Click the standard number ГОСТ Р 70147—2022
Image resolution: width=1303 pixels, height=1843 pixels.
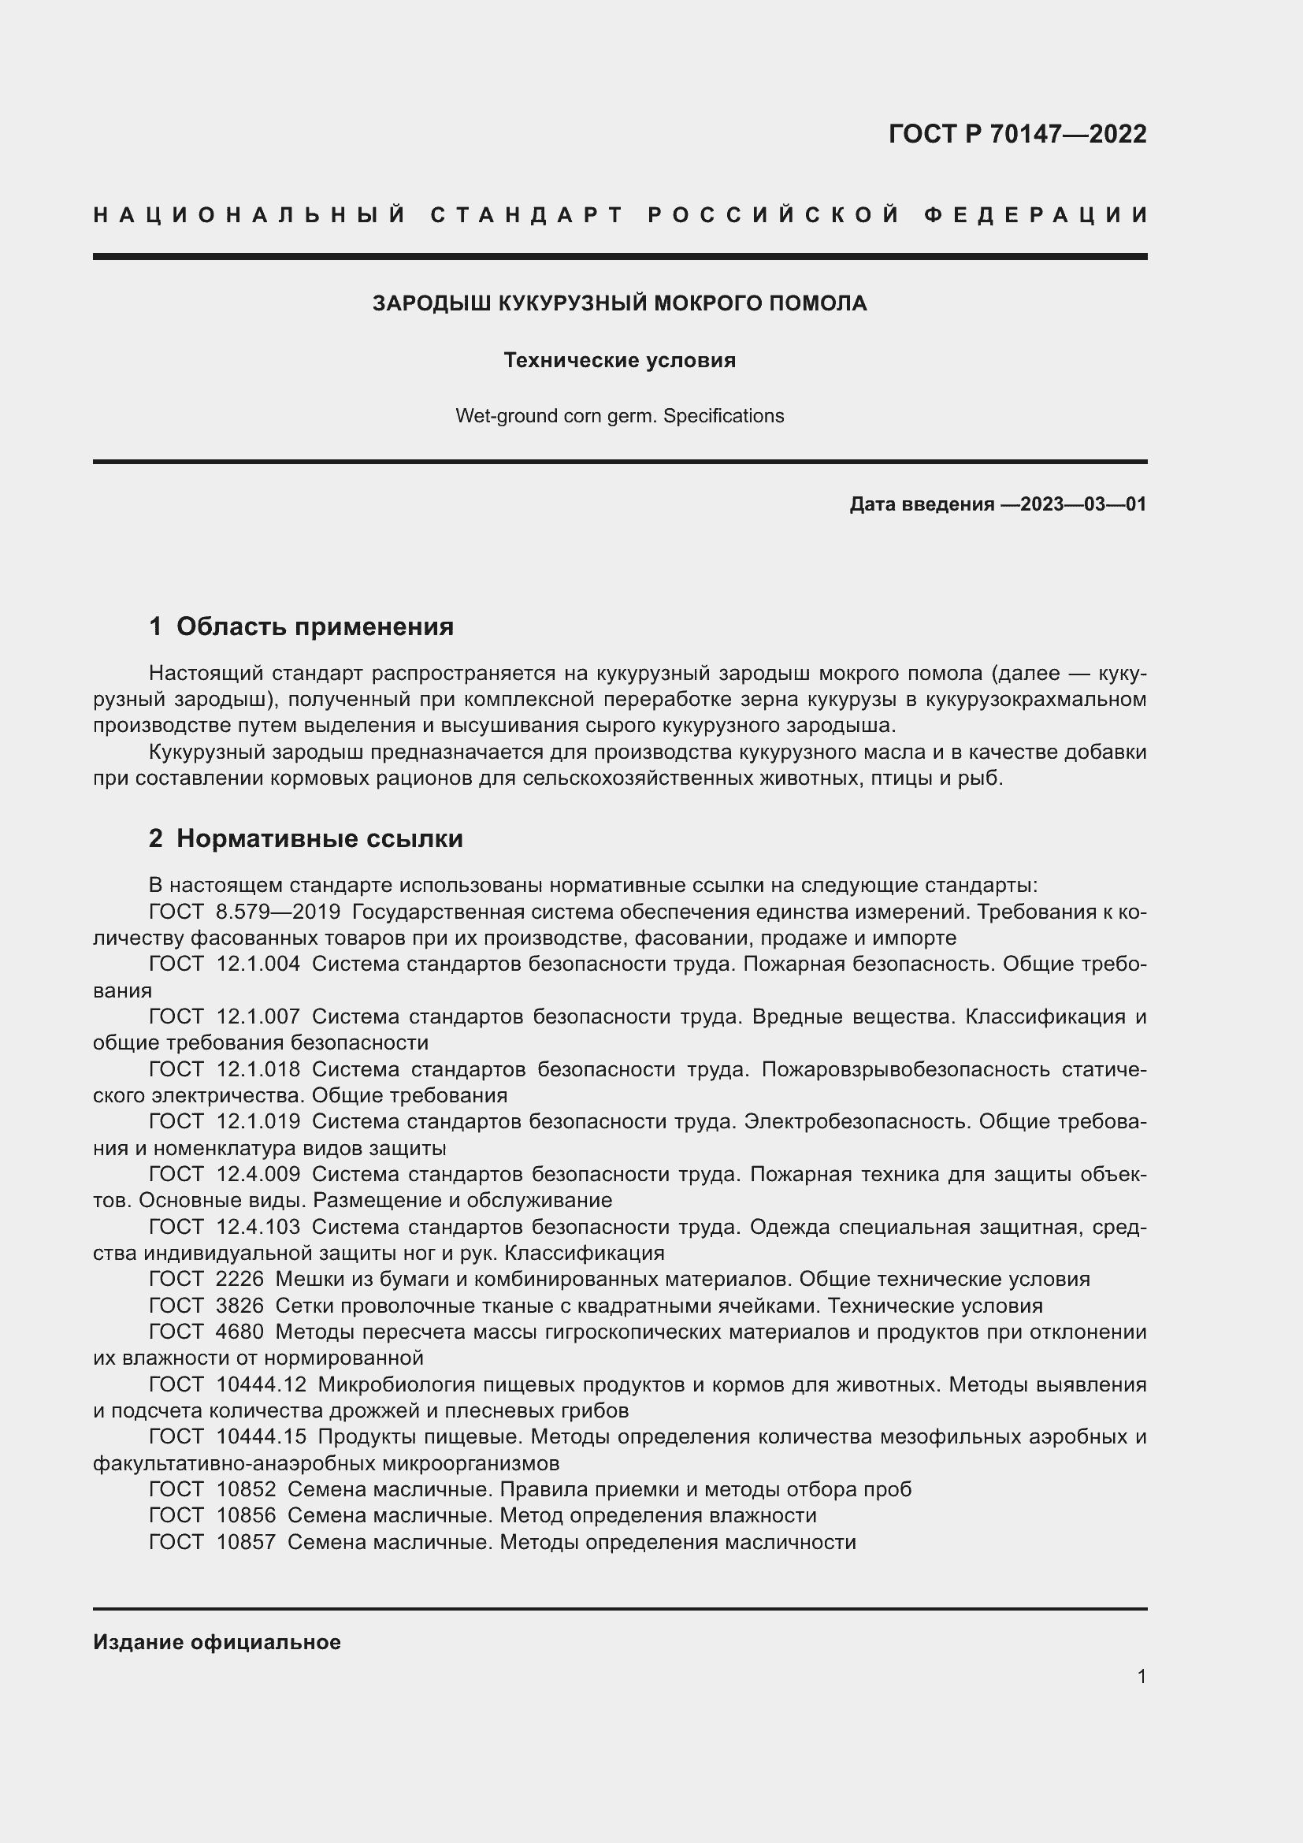[x=1016, y=134]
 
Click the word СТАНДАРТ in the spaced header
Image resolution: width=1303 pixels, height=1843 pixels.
[x=527, y=215]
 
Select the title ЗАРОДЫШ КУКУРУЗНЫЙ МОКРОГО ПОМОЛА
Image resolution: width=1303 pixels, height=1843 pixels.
[x=619, y=303]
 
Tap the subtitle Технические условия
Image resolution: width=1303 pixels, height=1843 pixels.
[x=619, y=360]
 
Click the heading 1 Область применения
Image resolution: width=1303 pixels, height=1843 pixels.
[x=302, y=626]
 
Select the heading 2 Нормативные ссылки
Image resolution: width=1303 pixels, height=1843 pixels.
[x=306, y=838]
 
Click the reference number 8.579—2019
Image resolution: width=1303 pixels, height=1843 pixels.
[x=278, y=912]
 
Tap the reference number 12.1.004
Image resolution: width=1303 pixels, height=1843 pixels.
[x=258, y=964]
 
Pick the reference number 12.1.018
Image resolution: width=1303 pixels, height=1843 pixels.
[x=258, y=1069]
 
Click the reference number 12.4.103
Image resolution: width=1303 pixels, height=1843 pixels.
[x=258, y=1227]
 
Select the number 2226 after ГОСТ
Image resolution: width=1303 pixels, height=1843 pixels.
[x=240, y=1279]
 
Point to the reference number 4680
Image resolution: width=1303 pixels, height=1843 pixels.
[x=240, y=1332]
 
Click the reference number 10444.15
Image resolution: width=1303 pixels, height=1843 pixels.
[x=262, y=1436]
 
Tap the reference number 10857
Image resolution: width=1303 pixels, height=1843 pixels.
[x=247, y=1541]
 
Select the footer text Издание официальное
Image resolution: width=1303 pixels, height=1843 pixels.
[x=217, y=1641]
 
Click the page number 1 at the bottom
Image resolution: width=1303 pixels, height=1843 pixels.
[x=1141, y=1676]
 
